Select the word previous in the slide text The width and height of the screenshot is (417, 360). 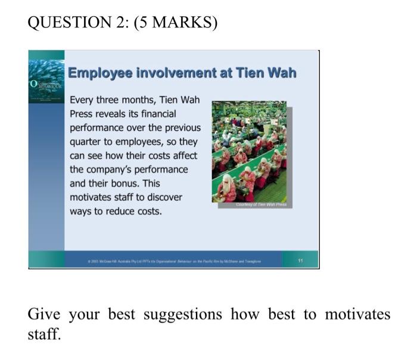tap(180, 128)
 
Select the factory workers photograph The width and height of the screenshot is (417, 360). tap(249, 152)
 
